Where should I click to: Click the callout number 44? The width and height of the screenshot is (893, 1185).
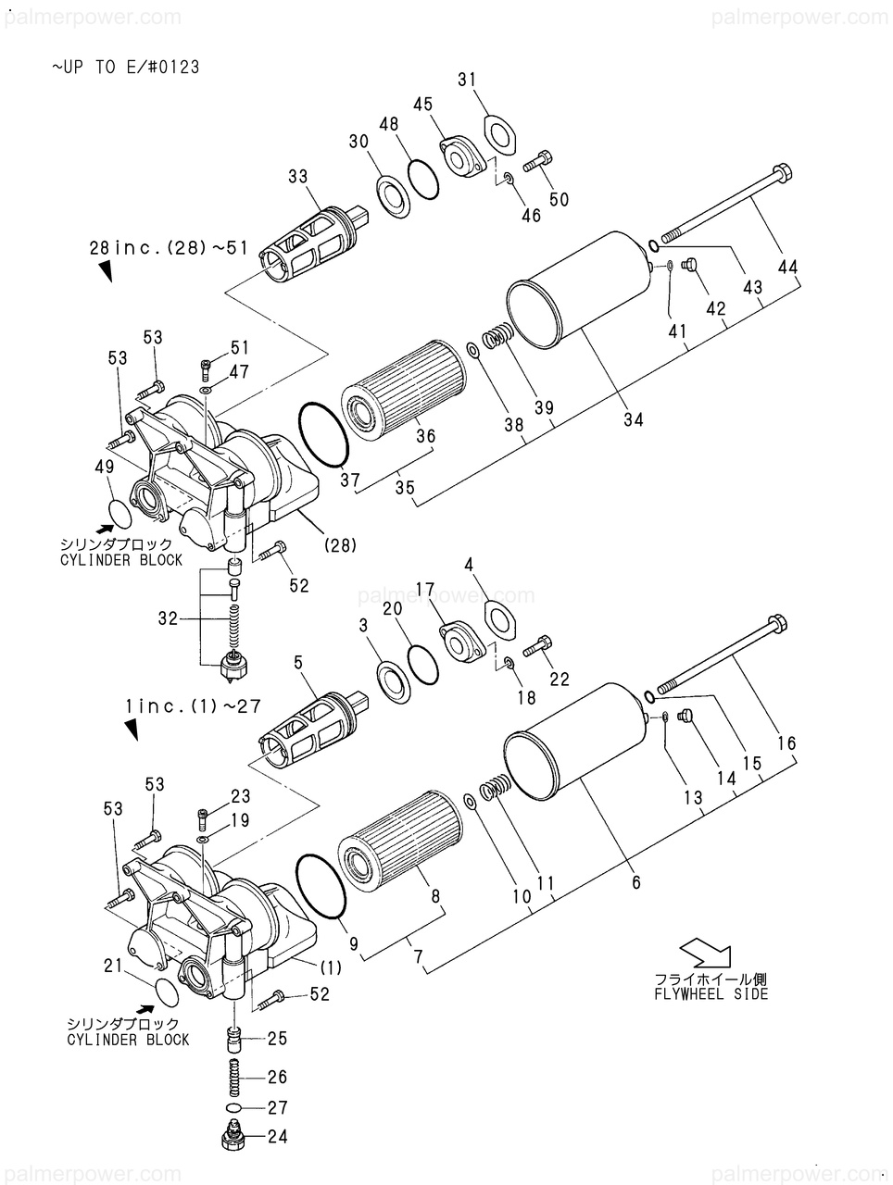pyautogui.click(x=788, y=268)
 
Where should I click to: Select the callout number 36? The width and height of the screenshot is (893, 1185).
pyautogui.click(x=426, y=436)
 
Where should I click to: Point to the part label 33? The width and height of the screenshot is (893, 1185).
pyautogui.click(x=297, y=176)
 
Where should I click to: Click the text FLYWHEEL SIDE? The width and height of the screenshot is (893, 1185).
pyautogui.click(x=711, y=994)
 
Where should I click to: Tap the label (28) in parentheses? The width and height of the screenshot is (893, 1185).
pyautogui.click(x=340, y=546)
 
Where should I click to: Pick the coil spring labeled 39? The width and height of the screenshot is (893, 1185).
pyautogui.click(x=496, y=337)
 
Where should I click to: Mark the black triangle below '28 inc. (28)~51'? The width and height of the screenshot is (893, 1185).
pyautogui.click(x=106, y=271)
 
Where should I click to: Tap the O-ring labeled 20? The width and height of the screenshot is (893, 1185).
pyautogui.click(x=423, y=663)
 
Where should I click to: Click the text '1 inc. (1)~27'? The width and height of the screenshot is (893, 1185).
pyautogui.click(x=193, y=706)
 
